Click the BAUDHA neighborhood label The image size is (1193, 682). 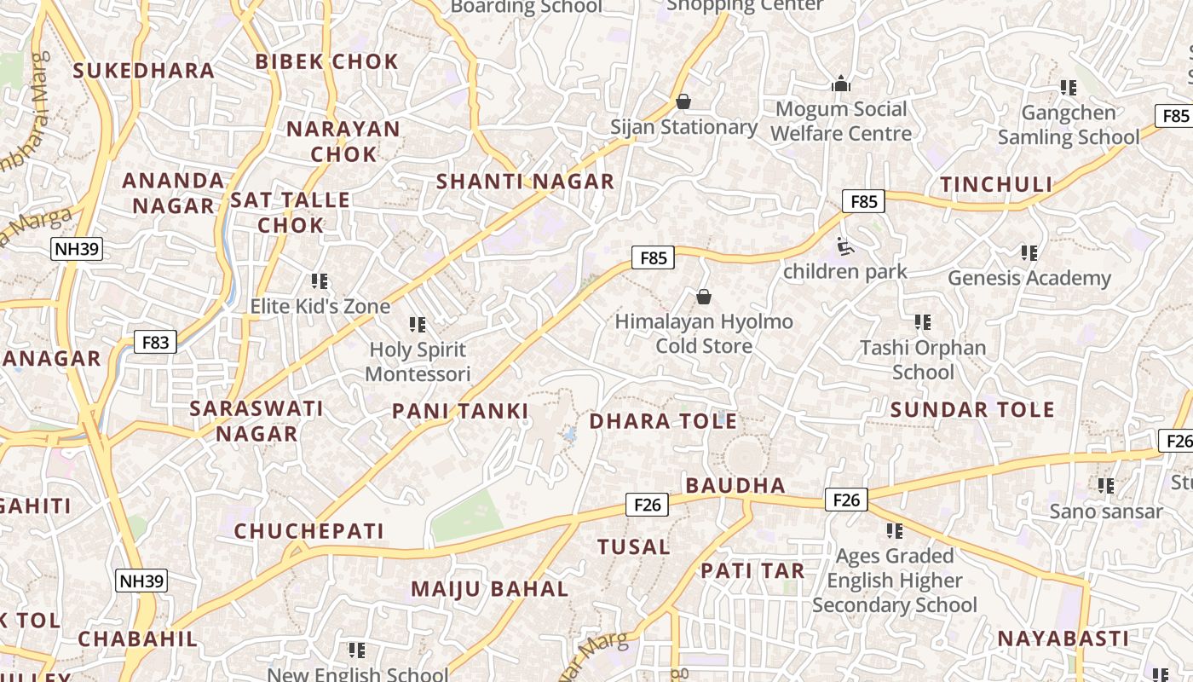pyautogui.click(x=735, y=486)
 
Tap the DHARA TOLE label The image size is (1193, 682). pyautogui.click(x=663, y=421)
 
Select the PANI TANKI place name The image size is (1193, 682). pyautogui.click(x=460, y=412)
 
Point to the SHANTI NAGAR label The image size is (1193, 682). pyautogui.click(x=525, y=182)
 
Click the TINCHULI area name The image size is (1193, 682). pyautogui.click(x=996, y=185)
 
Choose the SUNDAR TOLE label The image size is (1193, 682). pyautogui.click(x=972, y=410)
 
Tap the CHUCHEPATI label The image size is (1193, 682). pyautogui.click(x=309, y=531)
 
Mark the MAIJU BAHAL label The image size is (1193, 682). pyautogui.click(x=489, y=589)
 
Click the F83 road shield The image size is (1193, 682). pyautogui.click(x=155, y=343)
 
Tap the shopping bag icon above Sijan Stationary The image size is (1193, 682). pyautogui.click(x=683, y=101)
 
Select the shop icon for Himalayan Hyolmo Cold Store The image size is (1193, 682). pyautogui.click(x=704, y=297)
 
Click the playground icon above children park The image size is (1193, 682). pyautogui.click(x=844, y=247)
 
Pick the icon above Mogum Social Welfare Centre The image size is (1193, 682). pyautogui.click(x=841, y=84)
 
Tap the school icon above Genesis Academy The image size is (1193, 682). pyautogui.click(x=1029, y=253)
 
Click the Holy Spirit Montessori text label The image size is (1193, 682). pyautogui.click(x=418, y=361)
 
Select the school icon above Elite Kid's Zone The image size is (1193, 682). pyautogui.click(x=320, y=281)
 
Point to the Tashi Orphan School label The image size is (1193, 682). pyautogui.click(x=923, y=360)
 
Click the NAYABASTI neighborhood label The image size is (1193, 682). pyautogui.click(x=1063, y=639)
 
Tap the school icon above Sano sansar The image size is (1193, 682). pyautogui.click(x=1105, y=486)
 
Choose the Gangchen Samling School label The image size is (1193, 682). pyautogui.click(x=1068, y=124)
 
